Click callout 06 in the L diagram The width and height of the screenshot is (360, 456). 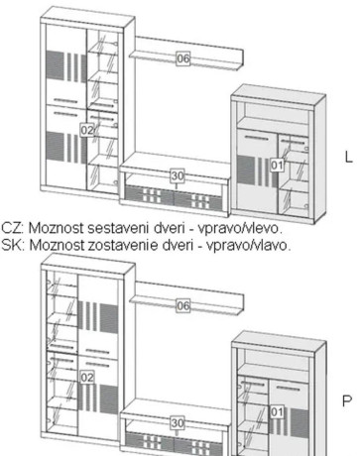[183, 58]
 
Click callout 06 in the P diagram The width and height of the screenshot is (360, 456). [183, 305]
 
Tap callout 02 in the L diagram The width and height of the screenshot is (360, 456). [87, 130]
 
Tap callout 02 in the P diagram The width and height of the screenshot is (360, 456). [87, 377]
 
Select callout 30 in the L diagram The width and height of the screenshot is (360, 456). [178, 175]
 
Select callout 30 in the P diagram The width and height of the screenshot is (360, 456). [178, 422]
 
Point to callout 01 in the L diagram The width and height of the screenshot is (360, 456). [277, 165]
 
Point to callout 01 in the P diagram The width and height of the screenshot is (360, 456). [277, 411]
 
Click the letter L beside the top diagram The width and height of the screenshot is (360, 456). [349, 157]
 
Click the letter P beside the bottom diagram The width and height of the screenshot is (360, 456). [347, 400]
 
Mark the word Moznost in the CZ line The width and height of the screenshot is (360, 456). [57, 228]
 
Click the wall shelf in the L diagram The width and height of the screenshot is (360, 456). [186, 53]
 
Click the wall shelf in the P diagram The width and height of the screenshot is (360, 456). [186, 299]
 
